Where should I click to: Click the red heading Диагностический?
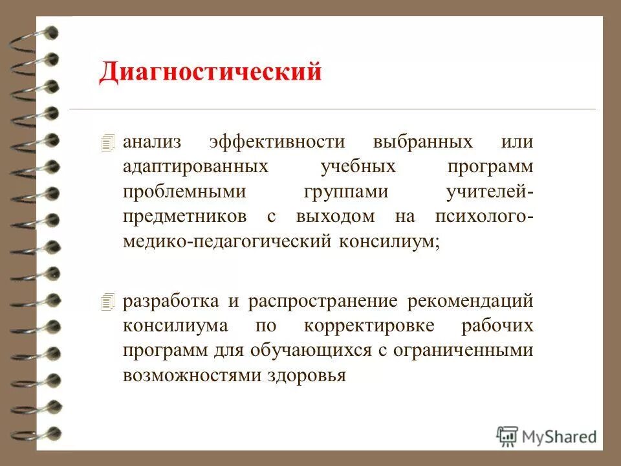[x=210, y=72]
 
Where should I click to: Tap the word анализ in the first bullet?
[x=153, y=142]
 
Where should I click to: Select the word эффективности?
[x=277, y=142]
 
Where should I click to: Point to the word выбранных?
[x=422, y=142]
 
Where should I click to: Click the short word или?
[x=517, y=142]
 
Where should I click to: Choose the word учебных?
[x=358, y=167]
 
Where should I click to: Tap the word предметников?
[x=187, y=217]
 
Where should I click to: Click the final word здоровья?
[x=307, y=375]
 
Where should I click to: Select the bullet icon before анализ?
[x=107, y=142]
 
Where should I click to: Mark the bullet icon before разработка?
[x=107, y=301]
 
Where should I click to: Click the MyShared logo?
[x=547, y=436]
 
